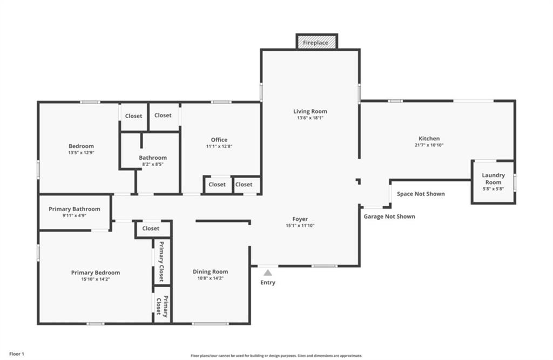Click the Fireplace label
315,43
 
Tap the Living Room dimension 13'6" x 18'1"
310,118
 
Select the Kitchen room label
429,139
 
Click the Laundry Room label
493,179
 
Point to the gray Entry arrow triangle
268,273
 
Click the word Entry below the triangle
268,282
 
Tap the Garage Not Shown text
389,216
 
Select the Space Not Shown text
421,194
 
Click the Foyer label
300,219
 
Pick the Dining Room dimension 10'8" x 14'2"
210,278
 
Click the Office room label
219,140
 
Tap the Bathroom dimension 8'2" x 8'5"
153,164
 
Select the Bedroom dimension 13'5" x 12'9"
81,153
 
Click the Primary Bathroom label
75,209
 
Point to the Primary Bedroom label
96,273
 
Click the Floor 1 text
17,354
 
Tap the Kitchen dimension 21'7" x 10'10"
429,145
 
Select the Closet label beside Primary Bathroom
151,228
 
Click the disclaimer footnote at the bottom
276,356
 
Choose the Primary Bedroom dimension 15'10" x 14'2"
96,279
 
